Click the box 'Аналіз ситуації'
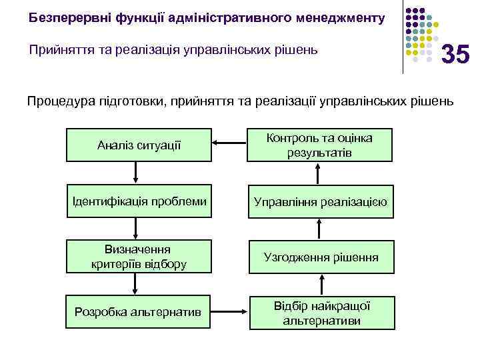click(x=139, y=145)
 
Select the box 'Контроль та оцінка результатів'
click(x=319, y=145)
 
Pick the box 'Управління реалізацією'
click(x=319, y=201)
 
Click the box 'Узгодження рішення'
click(x=319, y=257)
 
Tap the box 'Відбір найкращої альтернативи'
click(x=319, y=312)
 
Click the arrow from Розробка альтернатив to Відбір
click(x=229, y=311)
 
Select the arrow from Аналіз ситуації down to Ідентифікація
click(x=136, y=172)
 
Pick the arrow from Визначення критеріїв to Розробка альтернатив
click(x=136, y=284)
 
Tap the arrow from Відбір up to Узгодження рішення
click(x=319, y=285)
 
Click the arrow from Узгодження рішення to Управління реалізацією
click(x=319, y=229)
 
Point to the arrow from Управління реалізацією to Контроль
click(x=319, y=173)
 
